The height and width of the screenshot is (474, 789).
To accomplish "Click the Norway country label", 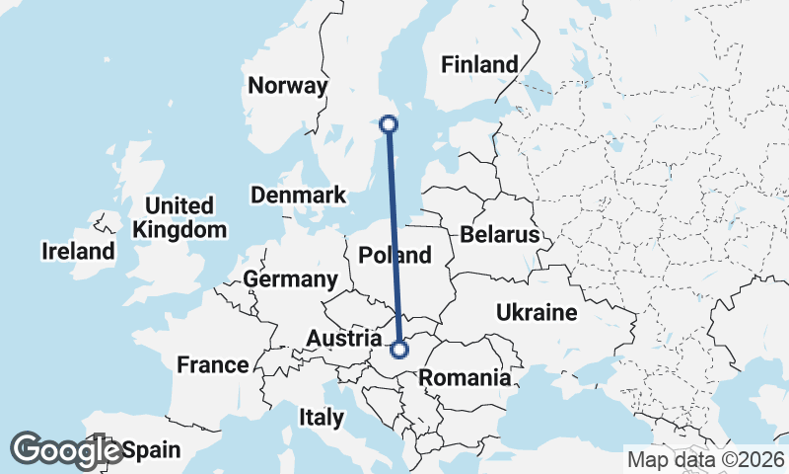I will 287,86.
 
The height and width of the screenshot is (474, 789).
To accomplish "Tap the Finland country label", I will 479,65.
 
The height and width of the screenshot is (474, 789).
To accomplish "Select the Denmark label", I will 298,195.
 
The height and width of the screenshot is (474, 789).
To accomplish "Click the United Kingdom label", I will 179,217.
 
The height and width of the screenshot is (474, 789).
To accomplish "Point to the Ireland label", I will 78,251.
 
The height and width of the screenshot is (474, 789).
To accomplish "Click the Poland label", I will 394,255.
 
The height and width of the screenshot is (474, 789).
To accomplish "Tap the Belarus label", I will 499,235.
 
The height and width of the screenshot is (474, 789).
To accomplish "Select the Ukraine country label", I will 536,313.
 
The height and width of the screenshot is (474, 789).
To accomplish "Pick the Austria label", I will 344,339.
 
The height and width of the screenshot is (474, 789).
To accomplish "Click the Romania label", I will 465,377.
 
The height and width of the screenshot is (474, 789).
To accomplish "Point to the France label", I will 213,364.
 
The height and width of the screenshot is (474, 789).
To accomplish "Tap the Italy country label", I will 322,418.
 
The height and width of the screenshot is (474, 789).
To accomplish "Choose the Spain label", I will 152,450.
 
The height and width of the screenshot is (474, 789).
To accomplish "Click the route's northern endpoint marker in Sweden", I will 389,124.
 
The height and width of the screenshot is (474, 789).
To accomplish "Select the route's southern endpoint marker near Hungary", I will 399,350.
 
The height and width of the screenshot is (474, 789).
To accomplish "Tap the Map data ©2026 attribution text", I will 705,459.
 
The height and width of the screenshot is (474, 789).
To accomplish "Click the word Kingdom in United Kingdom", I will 179,229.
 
